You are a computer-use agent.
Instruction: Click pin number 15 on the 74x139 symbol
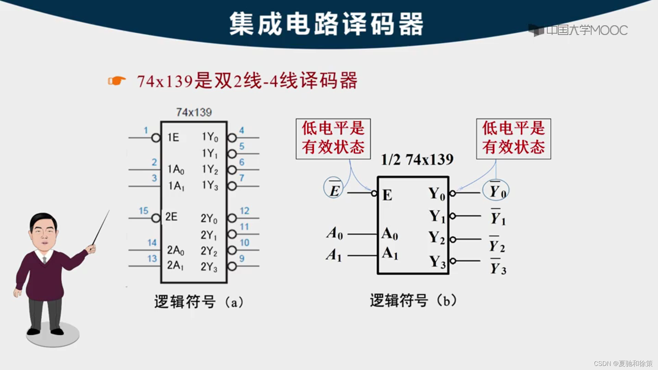point(143,211)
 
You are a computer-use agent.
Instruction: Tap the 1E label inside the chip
point(173,137)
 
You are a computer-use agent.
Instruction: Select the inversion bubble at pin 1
point(156,138)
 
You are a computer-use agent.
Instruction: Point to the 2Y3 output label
point(209,267)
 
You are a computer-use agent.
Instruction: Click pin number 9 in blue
point(242,258)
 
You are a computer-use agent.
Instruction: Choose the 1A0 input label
point(176,169)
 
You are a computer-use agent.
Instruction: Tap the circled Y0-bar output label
point(496,190)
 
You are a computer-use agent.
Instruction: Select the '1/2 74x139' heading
point(417,160)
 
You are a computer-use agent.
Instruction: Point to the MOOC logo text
point(587,30)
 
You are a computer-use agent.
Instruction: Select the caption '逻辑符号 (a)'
point(199,302)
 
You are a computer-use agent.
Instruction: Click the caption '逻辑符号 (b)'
point(413,300)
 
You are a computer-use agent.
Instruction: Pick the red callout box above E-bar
point(333,139)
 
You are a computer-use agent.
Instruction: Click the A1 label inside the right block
point(390,254)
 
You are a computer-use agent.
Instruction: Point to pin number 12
point(244,211)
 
